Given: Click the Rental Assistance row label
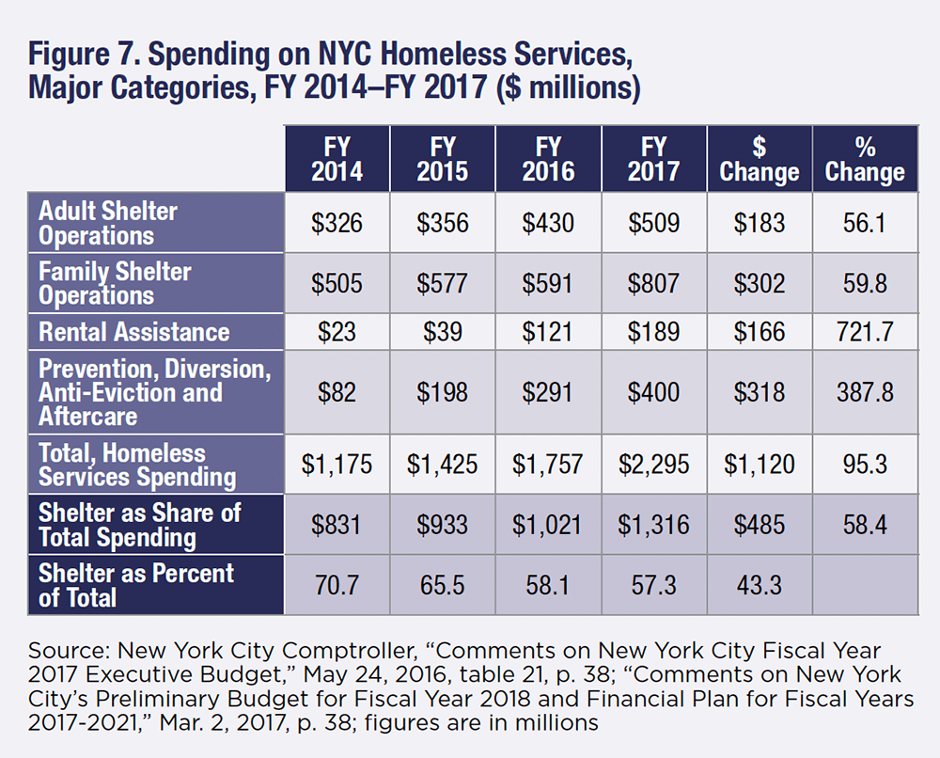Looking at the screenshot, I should (x=133, y=332).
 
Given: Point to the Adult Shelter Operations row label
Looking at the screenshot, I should (x=108, y=223).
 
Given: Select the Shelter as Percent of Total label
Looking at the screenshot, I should (x=136, y=584).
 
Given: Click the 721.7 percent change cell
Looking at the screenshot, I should (x=865, y=332).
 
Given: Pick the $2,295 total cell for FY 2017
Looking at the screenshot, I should (x=653, y=464).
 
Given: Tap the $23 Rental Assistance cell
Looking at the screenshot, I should (x=337, y=332).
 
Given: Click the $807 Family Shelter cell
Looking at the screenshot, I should (x=653, y=283).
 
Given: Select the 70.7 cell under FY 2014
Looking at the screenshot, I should (x=337, y=585).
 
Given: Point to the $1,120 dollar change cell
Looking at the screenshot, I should (x=759, y=464).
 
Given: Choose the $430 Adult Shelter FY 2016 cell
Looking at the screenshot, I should (x=548, y=223).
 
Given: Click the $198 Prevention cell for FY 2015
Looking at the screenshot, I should (x=442, y=391).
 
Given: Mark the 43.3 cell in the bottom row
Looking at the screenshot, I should (x=759, y=585).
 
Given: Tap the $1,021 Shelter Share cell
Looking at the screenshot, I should (x=548, y=525).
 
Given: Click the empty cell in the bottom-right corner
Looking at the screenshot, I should (x=865, y=585).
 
